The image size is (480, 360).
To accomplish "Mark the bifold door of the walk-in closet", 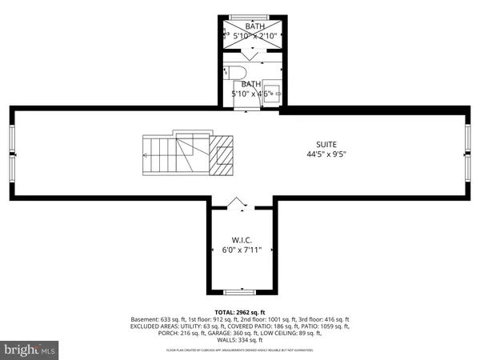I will tap(238, 203).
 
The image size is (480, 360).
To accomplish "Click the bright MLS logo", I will tap(30, 350).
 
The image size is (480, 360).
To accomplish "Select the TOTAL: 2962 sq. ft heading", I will tap(240, 311).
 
